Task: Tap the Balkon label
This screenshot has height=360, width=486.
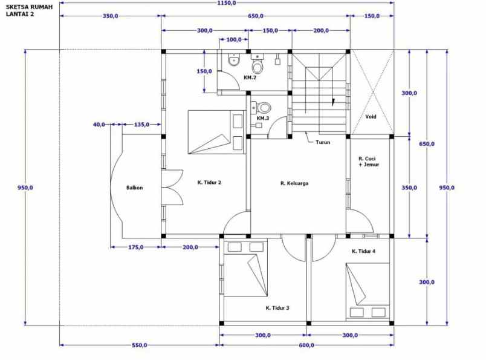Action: click(x=134, y=188)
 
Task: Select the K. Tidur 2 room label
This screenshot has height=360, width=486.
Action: click(x=209, y=182)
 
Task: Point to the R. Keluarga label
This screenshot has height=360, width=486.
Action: click(x=294, y=182)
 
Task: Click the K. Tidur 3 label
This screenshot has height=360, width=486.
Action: click(x=277, y=308)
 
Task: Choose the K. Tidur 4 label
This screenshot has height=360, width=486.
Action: click(x=364, y=250)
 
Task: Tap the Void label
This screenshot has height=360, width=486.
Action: click(x=371, y=117)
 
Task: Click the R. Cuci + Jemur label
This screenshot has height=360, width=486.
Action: click(x=368, y=160)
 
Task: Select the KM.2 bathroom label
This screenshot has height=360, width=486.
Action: click(x=250, y=78)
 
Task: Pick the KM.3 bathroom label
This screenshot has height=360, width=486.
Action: click(x=262, y=119)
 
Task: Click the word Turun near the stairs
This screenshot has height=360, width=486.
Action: click(x=323, y=142)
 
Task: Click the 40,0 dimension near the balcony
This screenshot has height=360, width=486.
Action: click(x=99, y=125)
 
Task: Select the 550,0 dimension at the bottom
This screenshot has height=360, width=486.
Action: click(x=140, y=345)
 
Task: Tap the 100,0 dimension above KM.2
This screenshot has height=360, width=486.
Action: click(x=233, y=39)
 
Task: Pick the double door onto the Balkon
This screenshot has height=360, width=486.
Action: click(x=172, y=188)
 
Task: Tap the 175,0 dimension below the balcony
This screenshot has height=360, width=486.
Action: click(x=135, y=247)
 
